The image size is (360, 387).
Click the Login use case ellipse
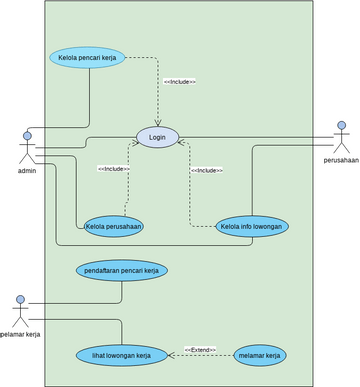[157, 137]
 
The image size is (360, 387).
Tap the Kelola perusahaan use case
[113, 226]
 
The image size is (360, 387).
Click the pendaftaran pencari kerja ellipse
[121, 270]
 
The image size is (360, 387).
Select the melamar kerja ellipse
[259, 355]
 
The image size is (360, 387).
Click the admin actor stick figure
[27, 149]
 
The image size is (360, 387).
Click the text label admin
[27, 172]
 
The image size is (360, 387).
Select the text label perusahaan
[340, 160]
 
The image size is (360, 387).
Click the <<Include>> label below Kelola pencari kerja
[179, 81]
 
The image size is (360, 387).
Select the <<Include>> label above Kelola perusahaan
[113, 169]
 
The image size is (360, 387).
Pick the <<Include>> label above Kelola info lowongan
[206, 171]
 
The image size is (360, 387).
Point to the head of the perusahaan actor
[341, 125]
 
